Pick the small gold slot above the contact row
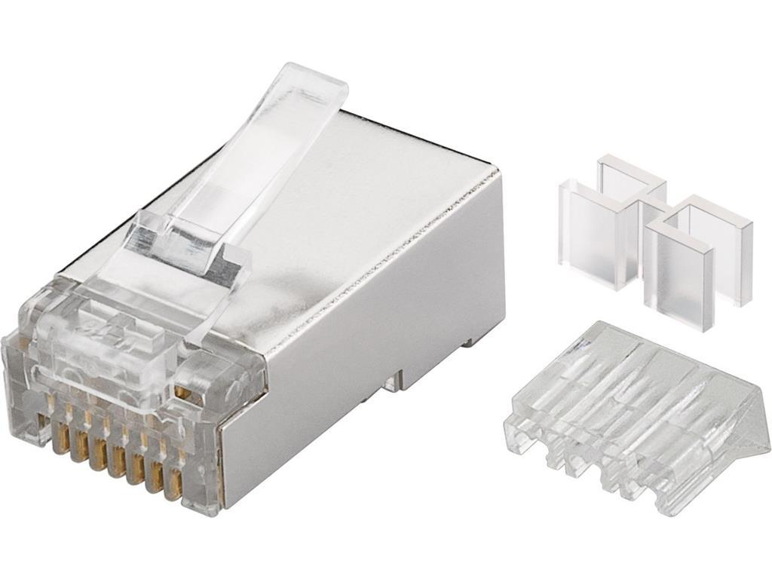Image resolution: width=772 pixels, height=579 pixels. [181, 392]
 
